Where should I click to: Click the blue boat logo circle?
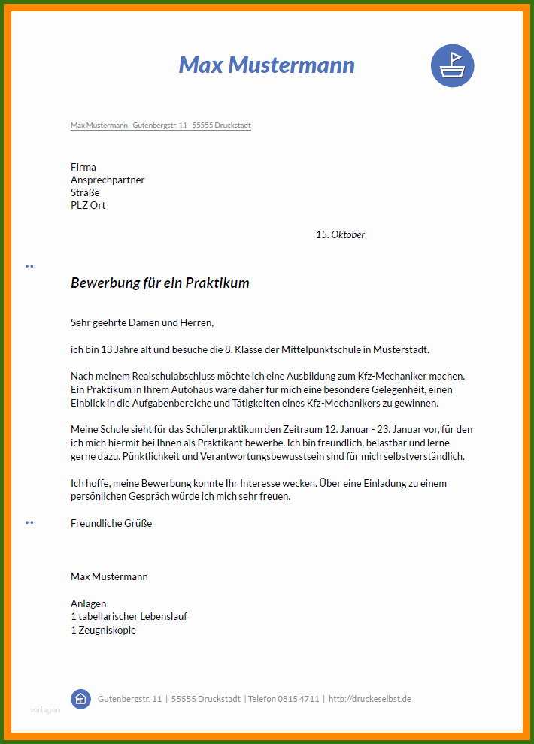(x=452, y=65)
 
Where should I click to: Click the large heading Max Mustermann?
(x=266, y=65)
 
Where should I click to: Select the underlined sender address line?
(x=160, y=126)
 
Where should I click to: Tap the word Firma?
(x=83, y=167)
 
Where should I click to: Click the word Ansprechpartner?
(x=108, y=180)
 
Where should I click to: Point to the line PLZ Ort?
(x=88, y=205)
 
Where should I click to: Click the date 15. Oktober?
(x=340, y=234)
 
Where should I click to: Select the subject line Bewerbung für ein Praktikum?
(x=159, y=283)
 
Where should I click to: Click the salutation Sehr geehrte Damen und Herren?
(x=142, y=322)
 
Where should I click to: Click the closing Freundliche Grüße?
(x=111, y=523)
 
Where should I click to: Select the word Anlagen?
(x=89, y=603)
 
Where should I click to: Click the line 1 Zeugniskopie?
(x=103, y=630)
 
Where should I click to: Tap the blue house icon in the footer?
(x=80, y=699)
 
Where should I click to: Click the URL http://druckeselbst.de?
(x=370, y=699)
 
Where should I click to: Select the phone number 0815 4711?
(x=299, y=699)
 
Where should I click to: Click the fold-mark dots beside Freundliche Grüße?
(x=29, y=522)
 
